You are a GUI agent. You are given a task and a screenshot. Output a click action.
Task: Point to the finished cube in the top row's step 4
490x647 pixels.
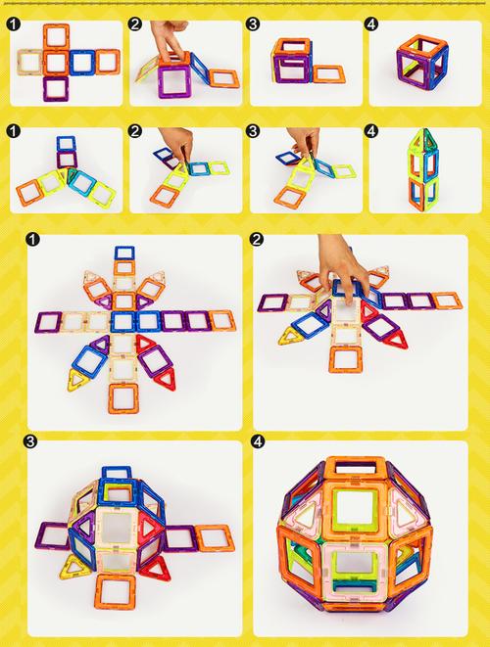point(422,62)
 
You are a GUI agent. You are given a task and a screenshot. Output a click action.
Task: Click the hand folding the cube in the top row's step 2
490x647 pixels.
point(170,39)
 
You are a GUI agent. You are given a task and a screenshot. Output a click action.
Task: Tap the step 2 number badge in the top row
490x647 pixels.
point(134,24)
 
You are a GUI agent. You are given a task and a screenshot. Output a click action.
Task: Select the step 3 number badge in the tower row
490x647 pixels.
point(253,131)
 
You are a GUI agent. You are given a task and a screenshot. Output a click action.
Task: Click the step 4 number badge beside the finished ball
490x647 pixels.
point(258,441)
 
